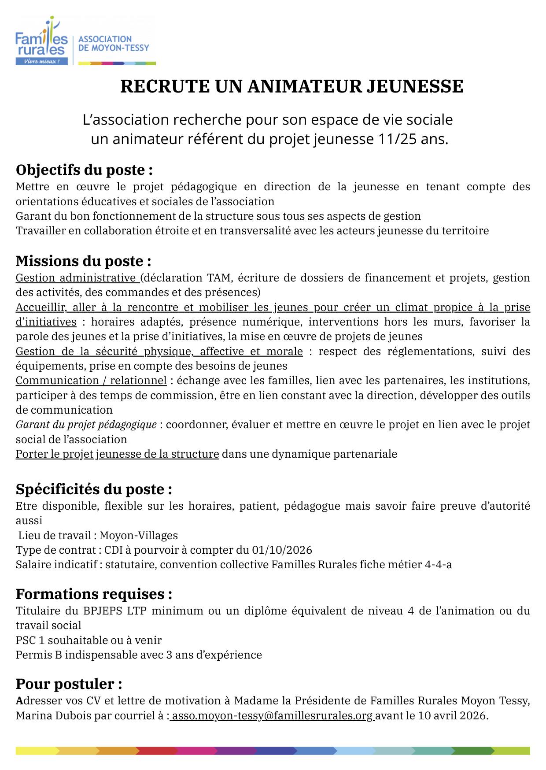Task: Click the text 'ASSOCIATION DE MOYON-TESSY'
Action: (x=114, y=43)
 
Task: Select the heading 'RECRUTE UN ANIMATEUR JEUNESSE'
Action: (x=291, y=86)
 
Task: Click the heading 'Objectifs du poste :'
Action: (x=84, y=170)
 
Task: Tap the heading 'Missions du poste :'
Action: (x=83, y=261)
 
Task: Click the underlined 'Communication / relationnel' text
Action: (x=91, y=380)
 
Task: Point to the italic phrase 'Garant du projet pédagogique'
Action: (x=86, y=424)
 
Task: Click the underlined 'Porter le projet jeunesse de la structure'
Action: (x=117, y=454)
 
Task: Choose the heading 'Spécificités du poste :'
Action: (x=94, y=489)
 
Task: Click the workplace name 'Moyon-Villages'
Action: (x=139, y=535)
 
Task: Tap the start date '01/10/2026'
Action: (x=282, y=550)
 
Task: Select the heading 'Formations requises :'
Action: (x=94, y=594)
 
